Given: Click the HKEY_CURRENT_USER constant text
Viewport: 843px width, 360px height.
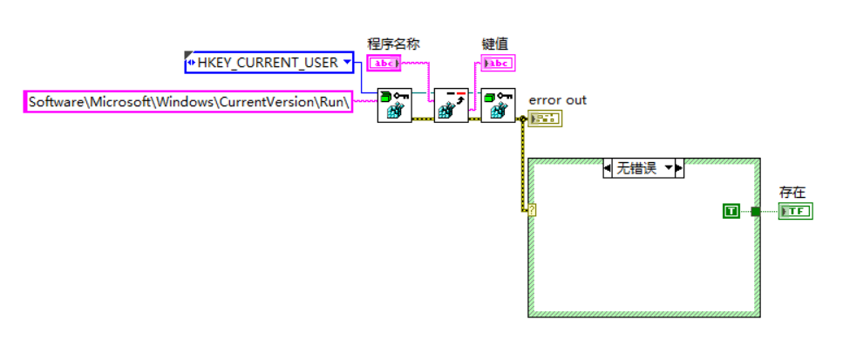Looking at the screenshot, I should (x=268, y=63).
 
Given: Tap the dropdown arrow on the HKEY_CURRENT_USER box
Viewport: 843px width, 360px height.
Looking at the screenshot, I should (x=347, y=63).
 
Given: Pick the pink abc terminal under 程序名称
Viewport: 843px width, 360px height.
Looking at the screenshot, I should (x=383, y=63).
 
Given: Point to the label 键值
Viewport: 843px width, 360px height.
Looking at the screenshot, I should (x=495, y=43).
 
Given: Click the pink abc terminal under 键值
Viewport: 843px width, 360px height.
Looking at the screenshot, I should (x=499, y=63).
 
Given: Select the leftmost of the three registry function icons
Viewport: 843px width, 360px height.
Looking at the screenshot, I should (x=394, y=105).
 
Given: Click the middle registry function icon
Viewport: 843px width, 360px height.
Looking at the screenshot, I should (x=451, y=105).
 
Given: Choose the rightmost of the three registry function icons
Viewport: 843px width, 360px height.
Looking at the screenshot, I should (x=498, y=105).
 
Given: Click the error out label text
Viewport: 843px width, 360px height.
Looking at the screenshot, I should (x=558, y=100).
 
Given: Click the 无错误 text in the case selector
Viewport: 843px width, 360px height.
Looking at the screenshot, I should (x=636, y=168).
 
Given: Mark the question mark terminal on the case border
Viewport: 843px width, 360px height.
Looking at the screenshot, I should (x=531, y=209).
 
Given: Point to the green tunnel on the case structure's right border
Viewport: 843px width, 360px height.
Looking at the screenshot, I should (x=756, y=210).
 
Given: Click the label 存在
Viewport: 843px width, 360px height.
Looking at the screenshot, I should (x=792, y=192).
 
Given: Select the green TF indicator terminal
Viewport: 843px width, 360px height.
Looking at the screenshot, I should (x=796, y=211).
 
